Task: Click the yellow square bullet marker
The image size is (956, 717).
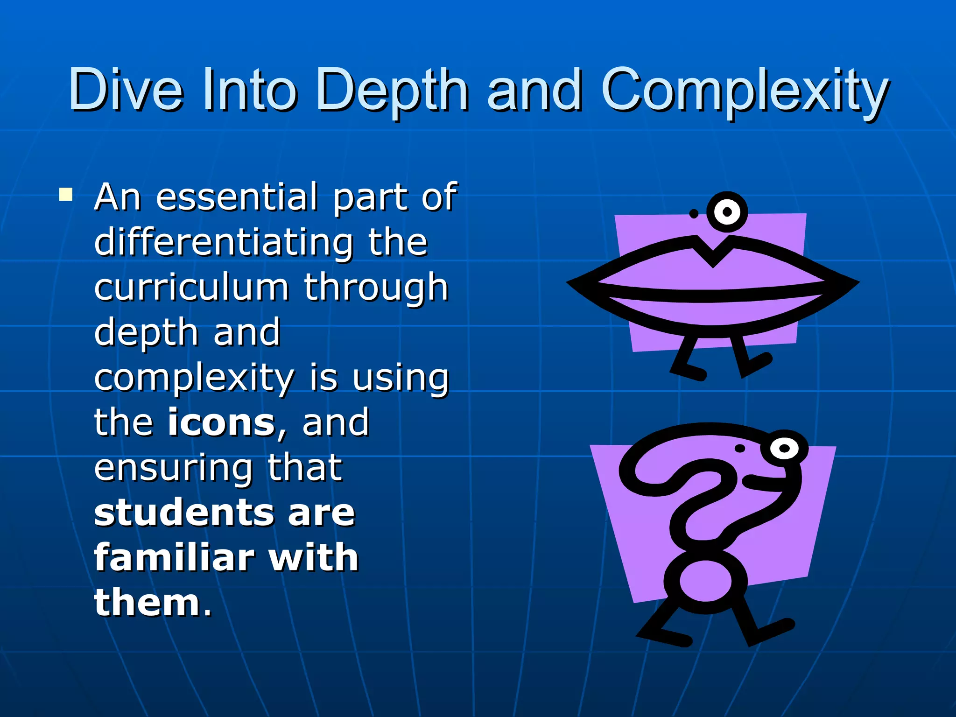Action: pos(66,194)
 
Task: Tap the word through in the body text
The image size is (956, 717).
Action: pos(376,288)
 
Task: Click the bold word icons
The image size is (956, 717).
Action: pos(221,422)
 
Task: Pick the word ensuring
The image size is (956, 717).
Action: pos(173,468)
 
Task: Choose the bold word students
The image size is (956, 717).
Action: pos(182,512)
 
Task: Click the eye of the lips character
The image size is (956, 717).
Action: pos(727,212)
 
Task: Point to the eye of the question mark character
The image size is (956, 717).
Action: pos(784,449)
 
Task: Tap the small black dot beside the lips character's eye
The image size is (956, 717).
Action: pos(694,214)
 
